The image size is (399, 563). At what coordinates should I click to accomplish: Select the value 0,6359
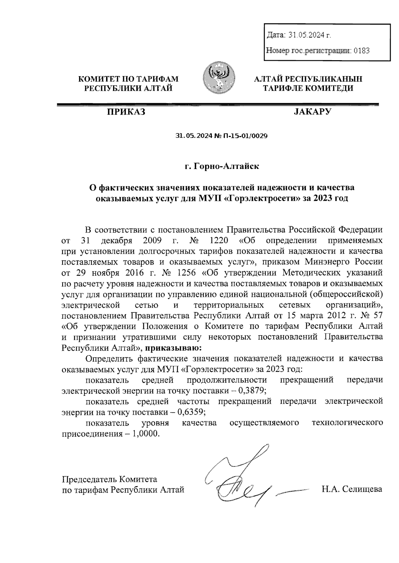point(191,412)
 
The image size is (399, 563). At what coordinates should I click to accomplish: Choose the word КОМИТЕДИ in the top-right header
point(332,88)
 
